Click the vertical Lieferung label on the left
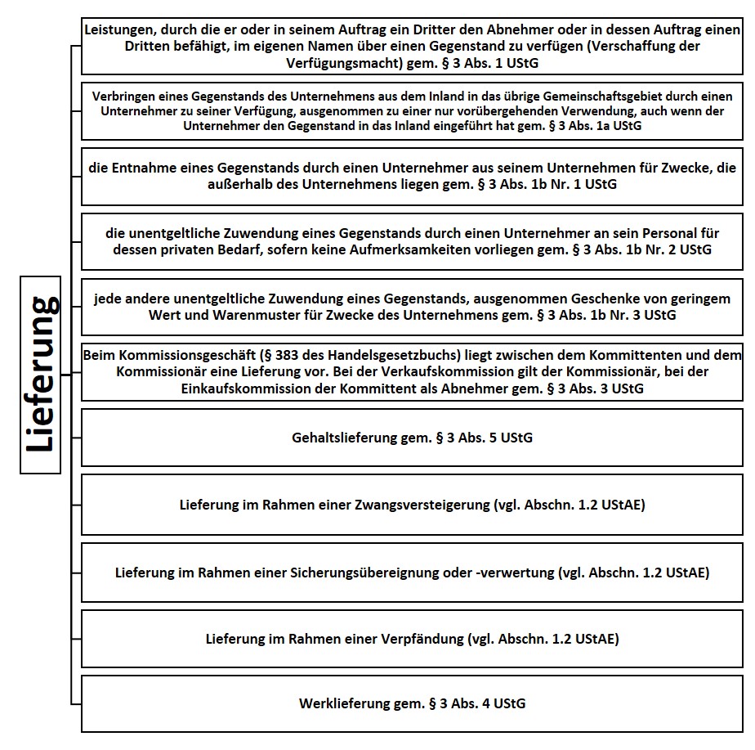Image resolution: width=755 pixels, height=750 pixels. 42,375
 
